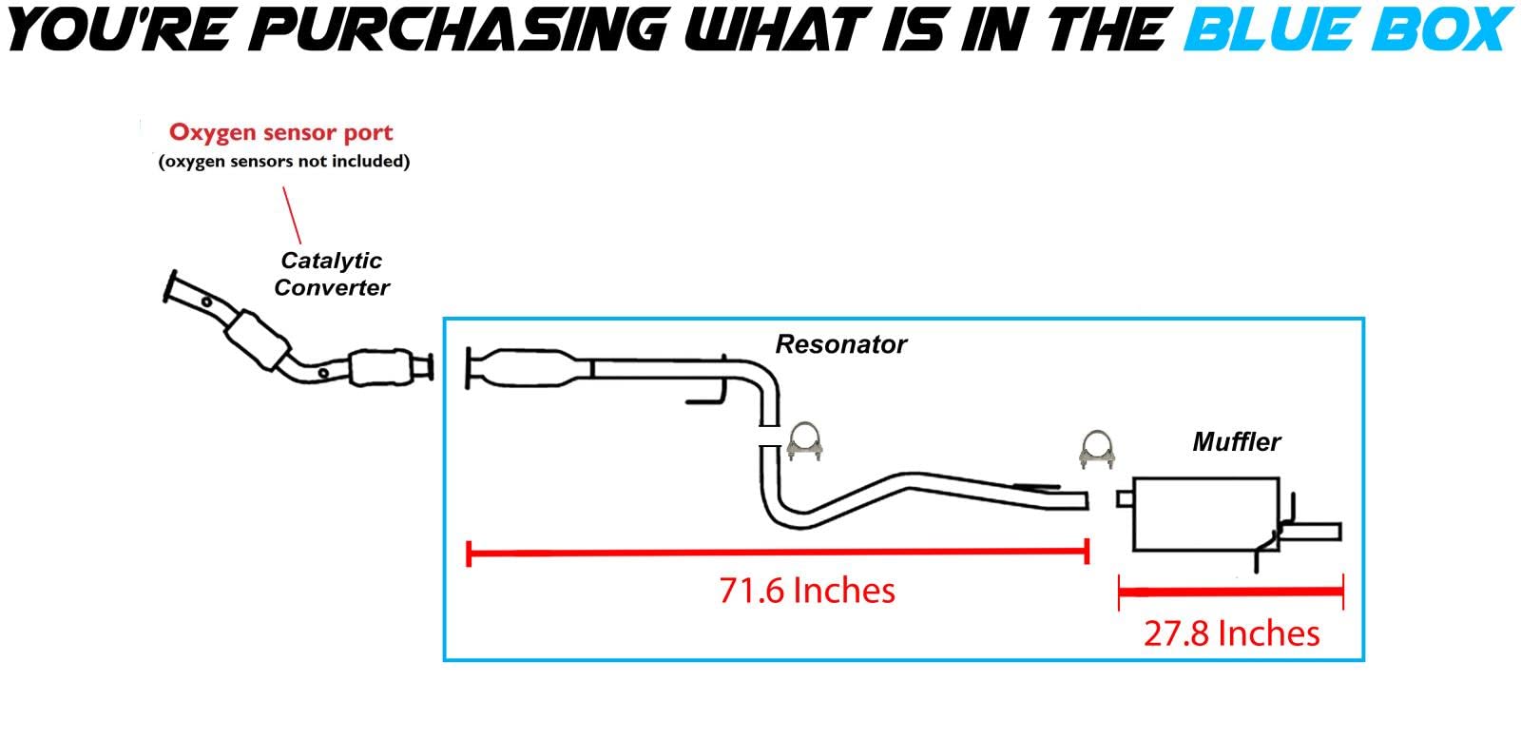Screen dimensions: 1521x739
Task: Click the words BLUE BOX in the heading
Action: coord(1349,29)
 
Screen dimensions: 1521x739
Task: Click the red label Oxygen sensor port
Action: coord(281,132)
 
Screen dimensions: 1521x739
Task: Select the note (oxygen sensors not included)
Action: coord(284,162)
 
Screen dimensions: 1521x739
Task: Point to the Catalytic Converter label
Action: coord(332,274)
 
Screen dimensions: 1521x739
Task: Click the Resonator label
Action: coord(840,344)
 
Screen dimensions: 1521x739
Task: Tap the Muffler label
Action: coord(1237,442)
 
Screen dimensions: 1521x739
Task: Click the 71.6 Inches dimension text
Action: coord(807,591)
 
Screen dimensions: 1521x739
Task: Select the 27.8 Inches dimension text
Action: coord(1231,633)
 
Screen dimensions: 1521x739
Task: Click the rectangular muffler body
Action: coord(1206,515)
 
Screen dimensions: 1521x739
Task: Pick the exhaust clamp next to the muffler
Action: coord(1097,449)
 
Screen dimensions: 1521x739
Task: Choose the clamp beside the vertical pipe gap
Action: coord(804,441)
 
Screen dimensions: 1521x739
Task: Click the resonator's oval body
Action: coord(529,368)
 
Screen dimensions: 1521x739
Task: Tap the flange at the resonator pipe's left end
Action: coord(468,368)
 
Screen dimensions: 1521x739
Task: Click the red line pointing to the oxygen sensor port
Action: coord(292,215)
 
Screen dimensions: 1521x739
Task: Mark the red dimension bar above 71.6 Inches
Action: coord(779,553)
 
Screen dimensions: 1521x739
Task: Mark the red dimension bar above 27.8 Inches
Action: coord(1231,593)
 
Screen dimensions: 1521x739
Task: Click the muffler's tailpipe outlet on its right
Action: coord(1312,531)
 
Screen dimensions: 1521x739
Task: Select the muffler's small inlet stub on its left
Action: coord(1125,499)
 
